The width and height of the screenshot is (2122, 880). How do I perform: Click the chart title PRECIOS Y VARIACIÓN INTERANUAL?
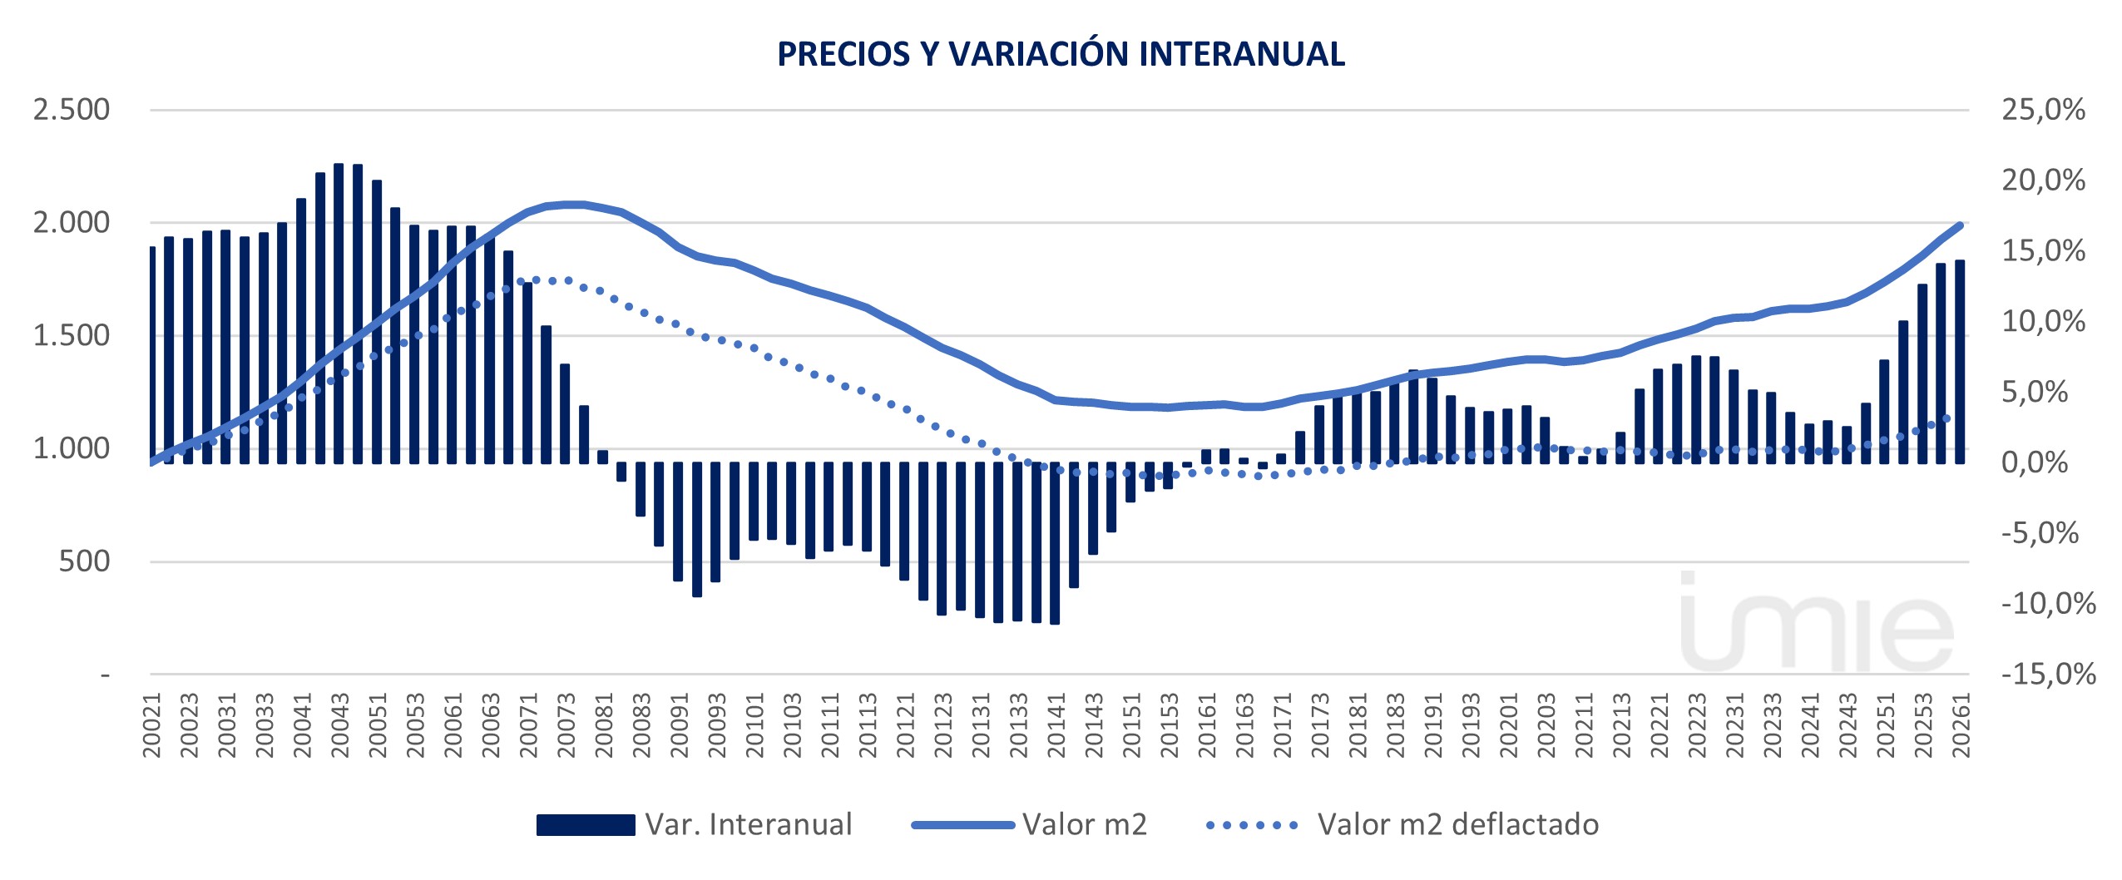coord(1061,54)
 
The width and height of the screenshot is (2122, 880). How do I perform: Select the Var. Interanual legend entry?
coord(695,824)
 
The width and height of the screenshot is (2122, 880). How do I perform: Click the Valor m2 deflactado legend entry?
coord(1402,824)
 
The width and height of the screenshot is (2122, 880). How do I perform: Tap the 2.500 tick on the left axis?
coord(72,109)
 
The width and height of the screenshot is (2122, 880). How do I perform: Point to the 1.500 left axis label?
coord(72,335)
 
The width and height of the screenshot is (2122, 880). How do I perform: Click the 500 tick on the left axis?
coord(84,561)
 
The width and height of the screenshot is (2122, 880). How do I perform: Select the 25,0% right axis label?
coord(2043,109)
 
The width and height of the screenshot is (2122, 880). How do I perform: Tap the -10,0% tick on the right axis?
coord(2048,603)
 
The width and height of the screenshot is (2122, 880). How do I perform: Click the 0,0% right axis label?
coord(2035,462)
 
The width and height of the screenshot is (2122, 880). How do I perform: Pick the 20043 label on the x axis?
coord(339,726)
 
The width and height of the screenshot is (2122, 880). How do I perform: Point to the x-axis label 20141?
coord(1056,726)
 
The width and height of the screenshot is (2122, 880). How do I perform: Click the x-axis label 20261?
coord(1961,726)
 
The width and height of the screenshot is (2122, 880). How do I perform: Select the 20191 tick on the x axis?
coord(1432,726)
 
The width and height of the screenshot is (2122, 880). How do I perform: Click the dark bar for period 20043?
coord(339,314)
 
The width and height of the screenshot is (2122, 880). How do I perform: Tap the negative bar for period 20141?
coord(1055,543)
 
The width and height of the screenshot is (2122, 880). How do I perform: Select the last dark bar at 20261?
coord(1960,362)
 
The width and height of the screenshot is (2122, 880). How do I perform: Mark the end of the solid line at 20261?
coord(1961,225)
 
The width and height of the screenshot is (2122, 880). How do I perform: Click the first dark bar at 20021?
coord(153,355)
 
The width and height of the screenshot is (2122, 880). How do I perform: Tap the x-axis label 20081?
coord(603,726)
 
